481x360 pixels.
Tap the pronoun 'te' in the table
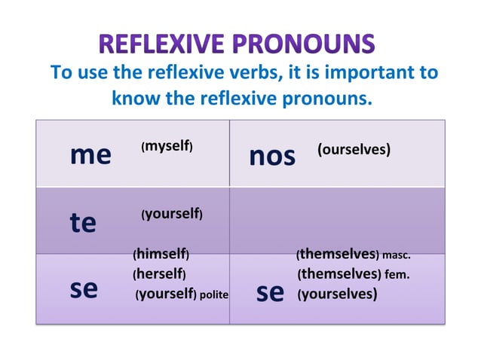(82, 223)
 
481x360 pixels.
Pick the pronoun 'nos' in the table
(271, 157)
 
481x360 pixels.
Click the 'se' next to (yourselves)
(270, 292)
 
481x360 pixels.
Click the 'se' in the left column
(84, 290)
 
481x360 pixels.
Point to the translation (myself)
(167, 147)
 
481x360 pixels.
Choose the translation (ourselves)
(354, 150)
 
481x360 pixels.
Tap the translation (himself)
(161, 255)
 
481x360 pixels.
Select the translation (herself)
(160, 273)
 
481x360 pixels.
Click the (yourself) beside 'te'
(171, 215)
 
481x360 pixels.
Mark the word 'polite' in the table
(214, 294)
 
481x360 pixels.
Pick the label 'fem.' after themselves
(397, 274)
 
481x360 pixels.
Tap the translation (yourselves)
(337, 294)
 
